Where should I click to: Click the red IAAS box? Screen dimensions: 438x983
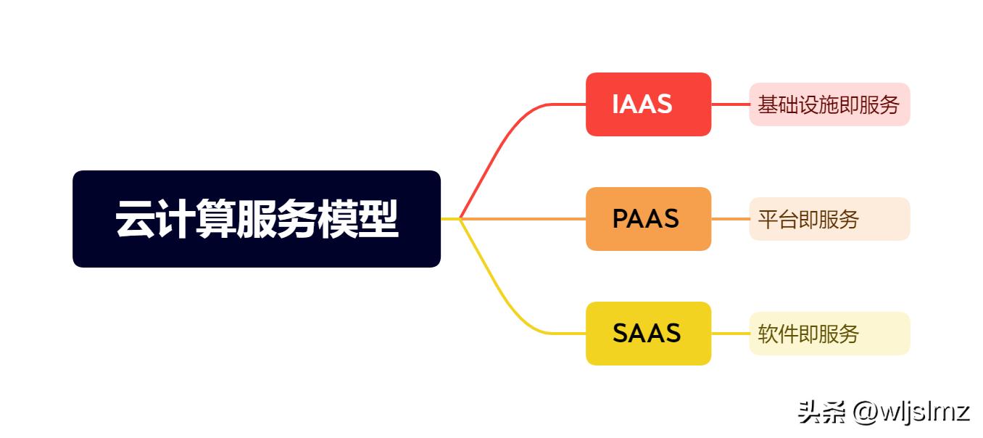point(648,104)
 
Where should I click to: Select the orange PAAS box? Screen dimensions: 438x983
point(648,219)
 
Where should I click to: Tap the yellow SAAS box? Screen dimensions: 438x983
point(648,334)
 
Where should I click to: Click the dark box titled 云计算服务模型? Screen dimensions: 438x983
point(257,219)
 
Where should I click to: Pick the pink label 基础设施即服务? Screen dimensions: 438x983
point(829,104)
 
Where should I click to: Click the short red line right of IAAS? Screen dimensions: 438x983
point(730,104)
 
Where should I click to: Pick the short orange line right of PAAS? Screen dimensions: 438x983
point(730,219)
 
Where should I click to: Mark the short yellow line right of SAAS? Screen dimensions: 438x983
point(730,334)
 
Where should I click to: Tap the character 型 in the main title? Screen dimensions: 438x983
point(379,219)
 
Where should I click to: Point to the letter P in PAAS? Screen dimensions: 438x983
point(621,219)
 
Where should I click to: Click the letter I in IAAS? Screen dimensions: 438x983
point(616,104)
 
